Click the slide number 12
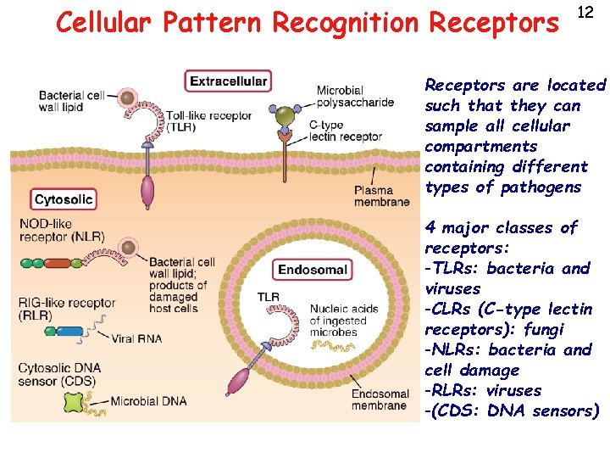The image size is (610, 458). pyautogui.click(x=585, y=12)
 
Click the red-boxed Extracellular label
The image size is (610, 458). pyautogui.click(x=228, y=81)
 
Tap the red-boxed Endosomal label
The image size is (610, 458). pyautogui.click(x=313, y=270)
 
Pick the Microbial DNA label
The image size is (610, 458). pyautogui.click(x=147, y=400)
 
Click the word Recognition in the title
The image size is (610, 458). pyautogui.click(x=343, y=23)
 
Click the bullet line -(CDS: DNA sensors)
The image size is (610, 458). pyautogui.click(x=512, y=411)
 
